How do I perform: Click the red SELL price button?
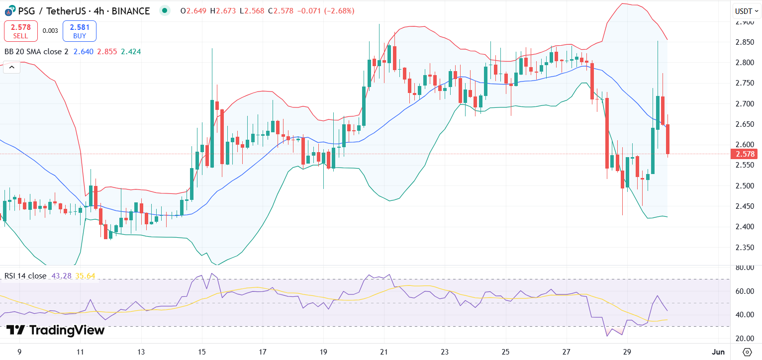click(x=21, y=31)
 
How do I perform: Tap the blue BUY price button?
click(x=80, y=31)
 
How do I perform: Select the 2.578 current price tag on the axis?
click(x=745, y=154)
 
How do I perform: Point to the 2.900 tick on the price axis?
click(x=745, y=22)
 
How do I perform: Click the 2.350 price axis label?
click(x=745, y=248)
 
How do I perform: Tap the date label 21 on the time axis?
click(x=383, y=352)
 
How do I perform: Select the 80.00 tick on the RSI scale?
click(x=745, y=268)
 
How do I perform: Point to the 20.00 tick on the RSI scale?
click(x=745, y=339)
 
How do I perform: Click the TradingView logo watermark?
click(x=56, y=330)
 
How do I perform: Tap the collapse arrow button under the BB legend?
click(x=11, y=67)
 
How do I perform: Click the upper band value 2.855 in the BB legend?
click(x=107, y=51)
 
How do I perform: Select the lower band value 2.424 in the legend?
click(x=131, y=51)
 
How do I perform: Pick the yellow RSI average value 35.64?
click(x=85, y=276)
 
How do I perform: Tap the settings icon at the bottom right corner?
click(x=747, y=352)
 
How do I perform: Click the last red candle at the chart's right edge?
click(x=668, y=139)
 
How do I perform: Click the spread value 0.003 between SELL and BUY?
click(x=50, y=31)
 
